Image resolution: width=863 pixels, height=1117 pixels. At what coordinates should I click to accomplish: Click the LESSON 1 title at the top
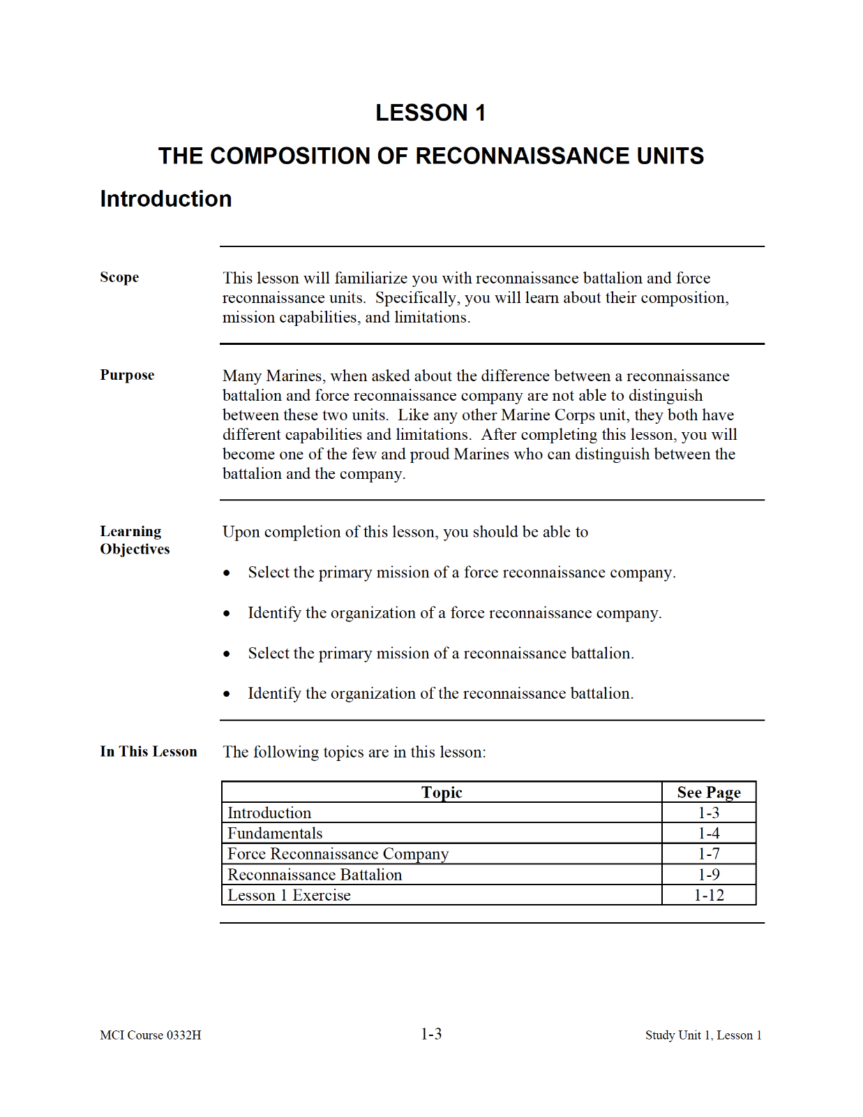tap(430, 112)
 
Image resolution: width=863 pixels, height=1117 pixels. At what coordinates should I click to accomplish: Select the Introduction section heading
tap(165, 199)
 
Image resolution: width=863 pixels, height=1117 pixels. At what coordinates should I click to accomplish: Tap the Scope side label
tap(119, 277)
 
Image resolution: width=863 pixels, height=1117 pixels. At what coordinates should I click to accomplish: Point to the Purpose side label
tap(127, 375)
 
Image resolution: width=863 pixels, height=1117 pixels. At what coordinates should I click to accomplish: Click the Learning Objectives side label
tap(134, 540)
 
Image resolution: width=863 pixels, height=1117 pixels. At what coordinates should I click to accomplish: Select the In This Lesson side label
tap(148, 751)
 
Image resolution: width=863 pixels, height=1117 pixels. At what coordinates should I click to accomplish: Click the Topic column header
tap(442, 792)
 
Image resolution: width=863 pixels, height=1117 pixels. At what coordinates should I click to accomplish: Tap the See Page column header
tap(708, 792)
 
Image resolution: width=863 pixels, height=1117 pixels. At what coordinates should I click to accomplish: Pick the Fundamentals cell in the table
tap(275, 834)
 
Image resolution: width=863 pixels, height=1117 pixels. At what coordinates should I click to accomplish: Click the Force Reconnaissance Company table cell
tap(338, 854)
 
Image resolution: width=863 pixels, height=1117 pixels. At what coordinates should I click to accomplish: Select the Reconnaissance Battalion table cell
tap(315, 875)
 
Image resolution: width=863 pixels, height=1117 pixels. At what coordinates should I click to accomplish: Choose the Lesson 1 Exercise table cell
tap(289, 895)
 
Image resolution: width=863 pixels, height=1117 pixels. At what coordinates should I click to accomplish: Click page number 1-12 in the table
tap(708, 895)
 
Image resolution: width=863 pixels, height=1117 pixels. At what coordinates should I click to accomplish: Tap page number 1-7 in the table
tap(708, 854)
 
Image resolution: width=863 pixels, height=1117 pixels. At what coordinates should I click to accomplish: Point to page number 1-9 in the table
tap(708, 875)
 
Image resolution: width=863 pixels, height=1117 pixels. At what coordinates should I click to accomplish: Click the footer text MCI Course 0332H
tap(150, 1035)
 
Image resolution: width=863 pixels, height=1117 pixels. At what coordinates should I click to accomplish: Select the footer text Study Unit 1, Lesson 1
tap(703, 1035)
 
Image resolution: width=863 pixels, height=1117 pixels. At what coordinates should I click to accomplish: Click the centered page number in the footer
tap(431, 1034)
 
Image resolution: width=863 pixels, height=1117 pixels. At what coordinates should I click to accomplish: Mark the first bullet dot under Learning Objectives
tap(227, 573)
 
